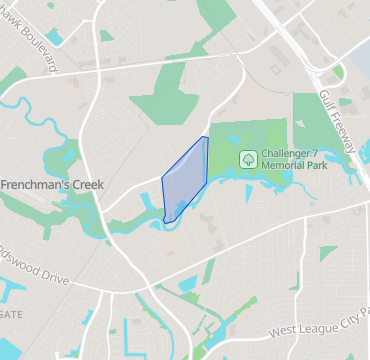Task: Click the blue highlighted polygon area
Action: (x=186, y=177)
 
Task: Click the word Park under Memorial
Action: (x=322, y=166)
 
